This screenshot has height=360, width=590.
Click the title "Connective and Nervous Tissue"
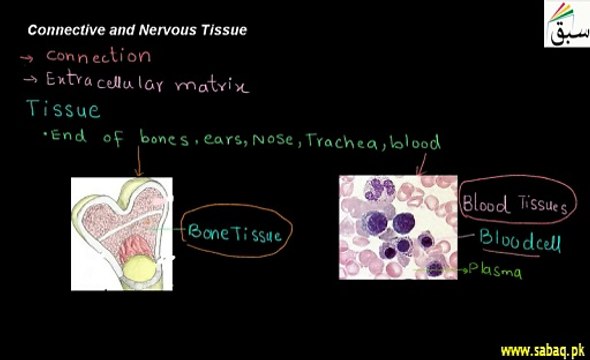(x=137, y=30)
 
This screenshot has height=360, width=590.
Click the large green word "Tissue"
(x=63, y=109)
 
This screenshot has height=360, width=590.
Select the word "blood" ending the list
(x=414, y=142)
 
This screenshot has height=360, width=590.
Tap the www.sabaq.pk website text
(x=541, y=350)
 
